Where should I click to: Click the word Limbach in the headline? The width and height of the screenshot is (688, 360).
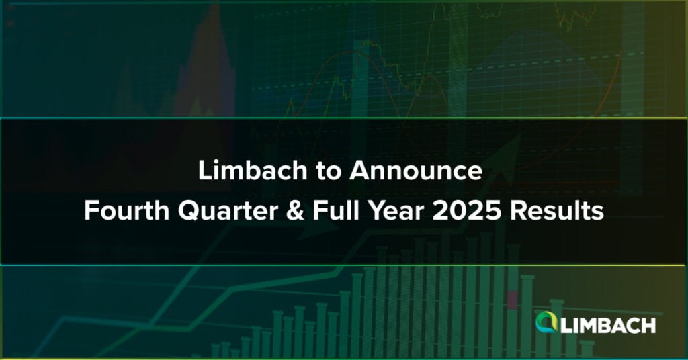253,170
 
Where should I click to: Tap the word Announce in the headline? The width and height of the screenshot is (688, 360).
416,171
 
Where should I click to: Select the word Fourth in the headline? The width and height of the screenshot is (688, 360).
127,211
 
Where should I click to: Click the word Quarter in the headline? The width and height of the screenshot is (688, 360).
228,212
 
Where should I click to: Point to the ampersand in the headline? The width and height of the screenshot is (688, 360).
295,212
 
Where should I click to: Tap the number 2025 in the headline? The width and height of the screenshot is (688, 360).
466,212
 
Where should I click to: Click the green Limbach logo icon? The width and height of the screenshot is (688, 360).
546,322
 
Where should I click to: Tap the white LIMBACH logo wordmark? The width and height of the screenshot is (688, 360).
608,326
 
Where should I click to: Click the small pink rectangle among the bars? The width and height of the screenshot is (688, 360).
513,300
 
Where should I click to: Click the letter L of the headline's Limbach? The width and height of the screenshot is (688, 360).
205,171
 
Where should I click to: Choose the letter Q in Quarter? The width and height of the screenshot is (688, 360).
189,212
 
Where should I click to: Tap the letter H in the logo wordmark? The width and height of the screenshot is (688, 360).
648,326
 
